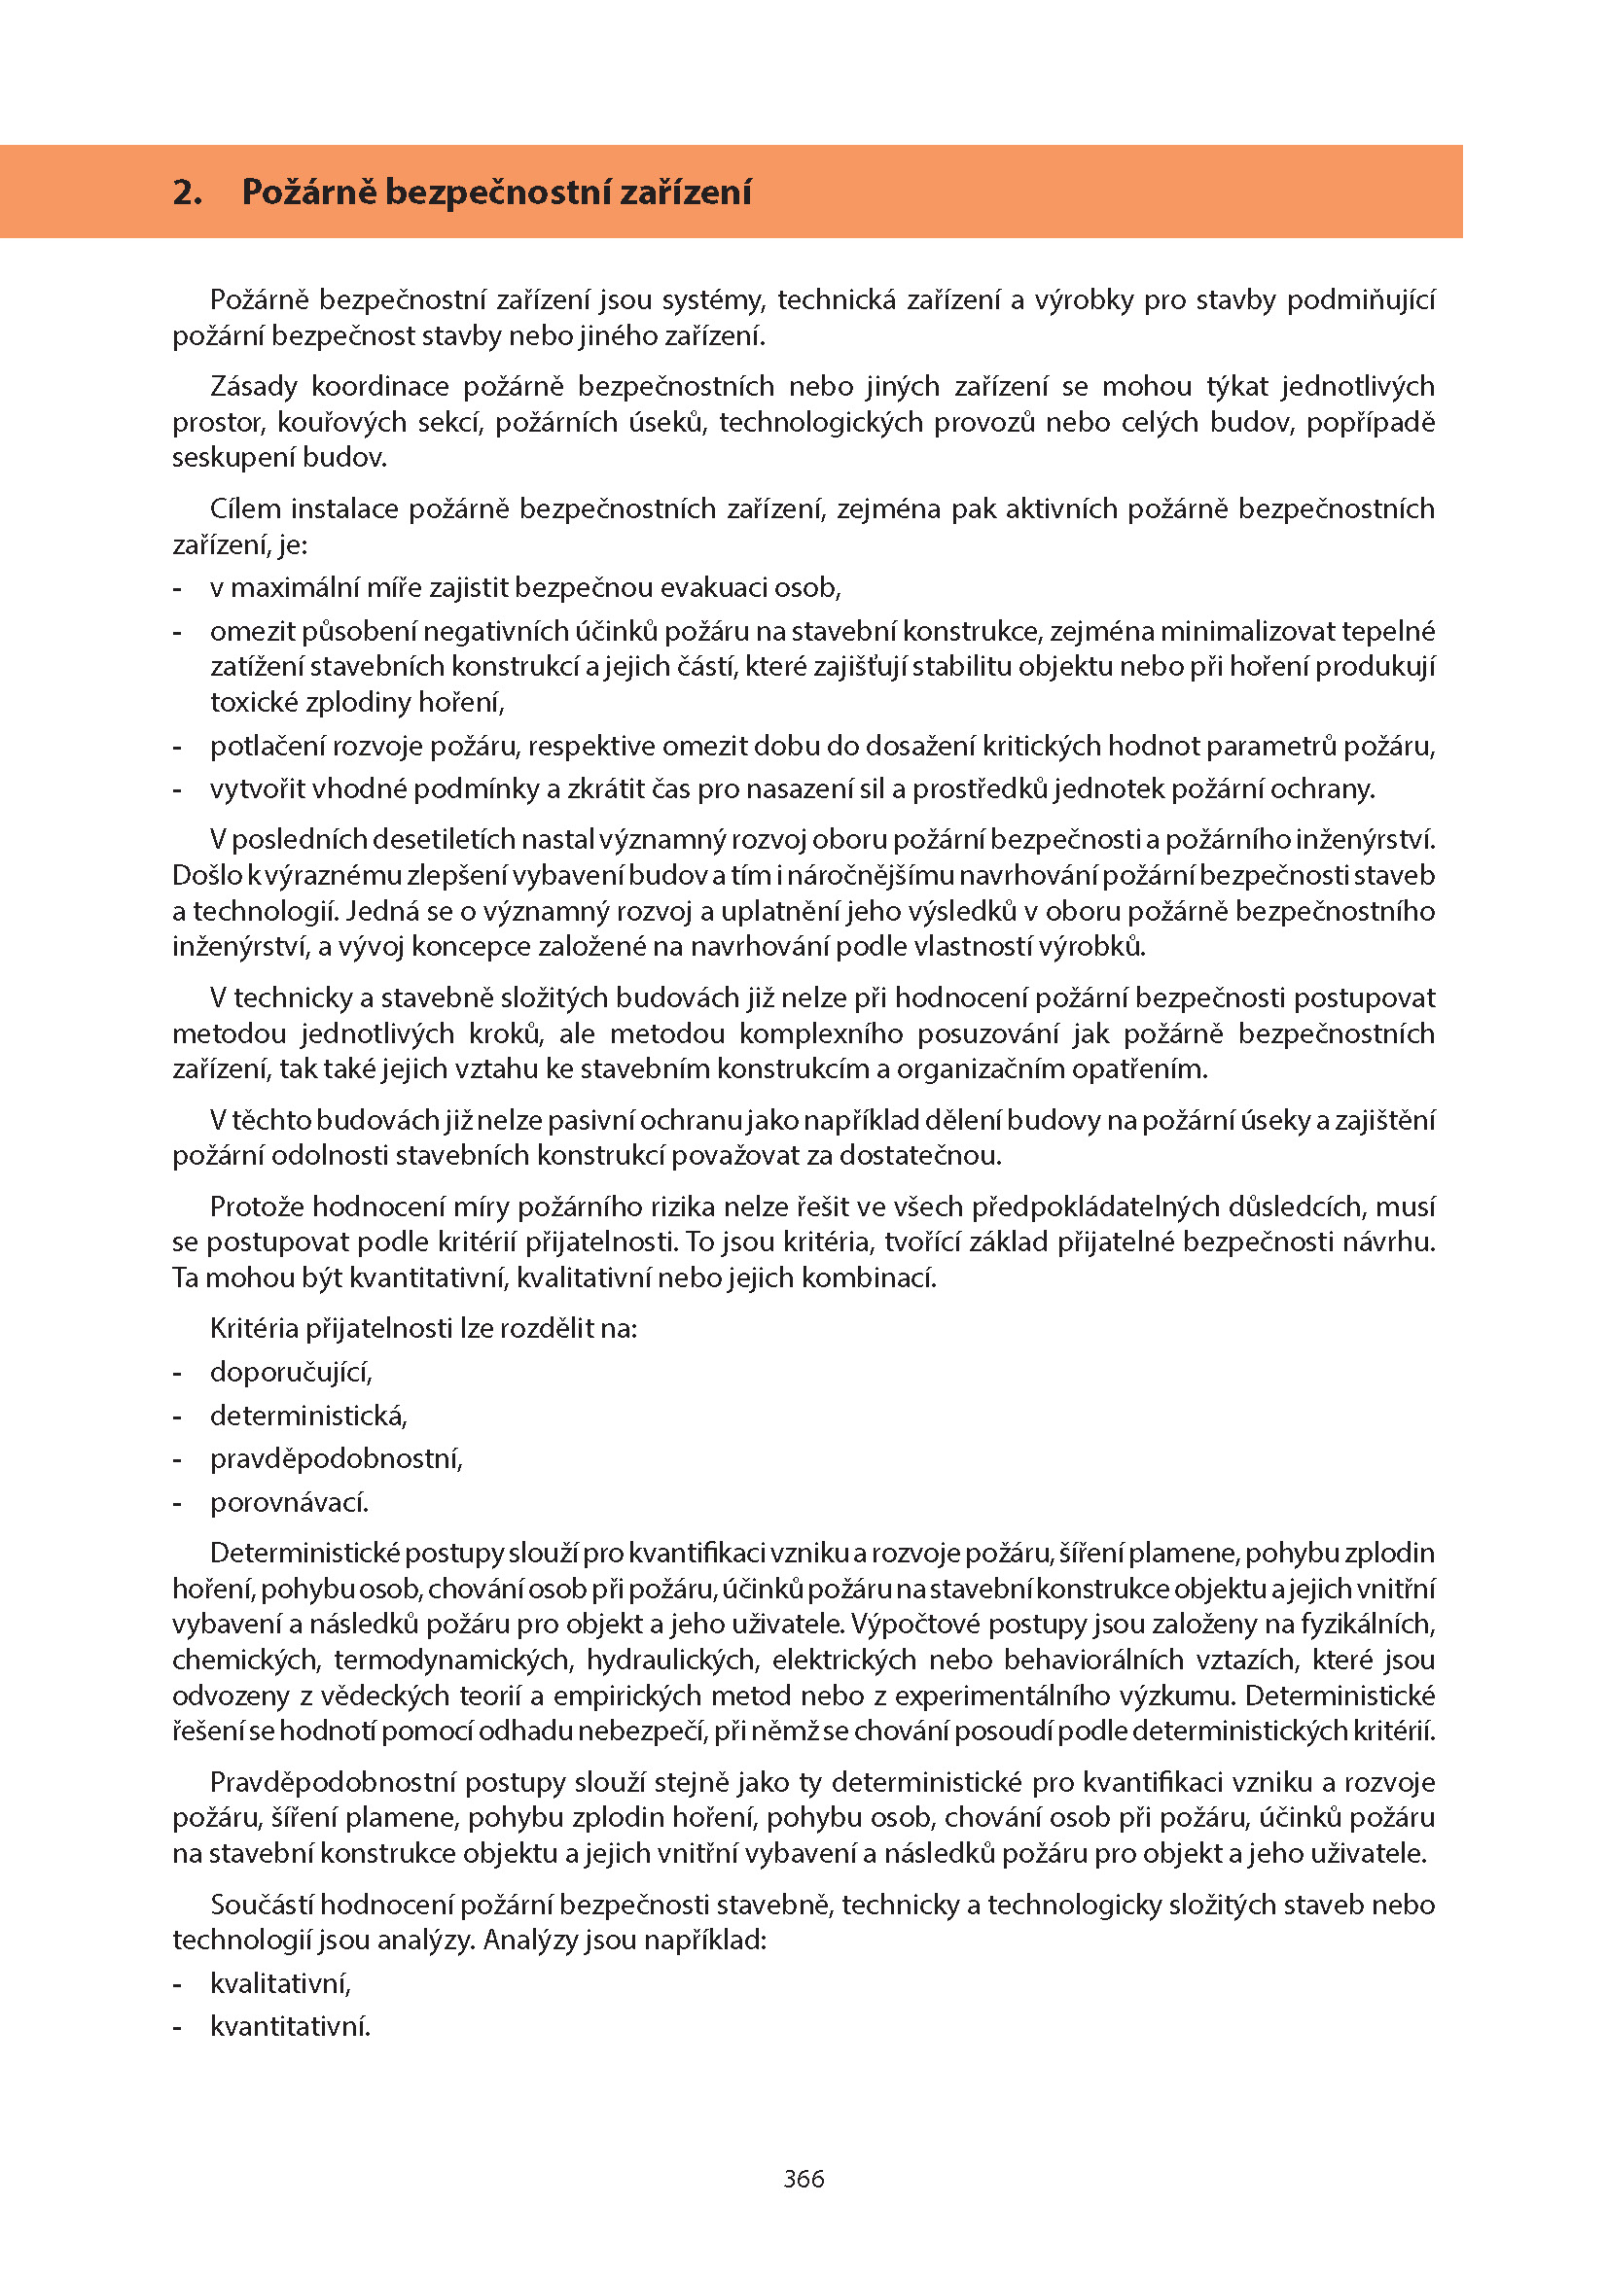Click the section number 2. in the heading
click(187, 192)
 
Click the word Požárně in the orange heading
click(308, 192)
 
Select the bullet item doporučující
click(291, 1373)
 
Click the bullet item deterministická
click(308, 1417)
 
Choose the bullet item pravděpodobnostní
click(336, 1460)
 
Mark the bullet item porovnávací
click(289, 1503)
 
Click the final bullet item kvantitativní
click(290, 2027)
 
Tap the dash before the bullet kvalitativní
click(177, 1984)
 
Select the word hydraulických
click(672, 1660)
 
